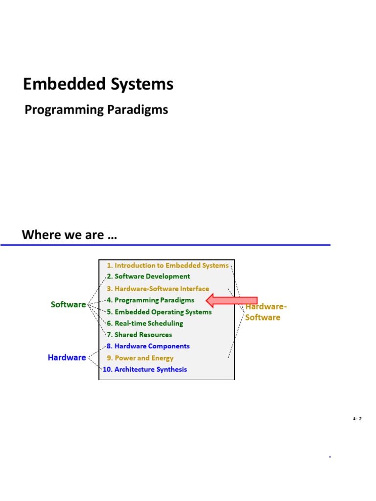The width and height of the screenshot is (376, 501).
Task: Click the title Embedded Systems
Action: point(98,85)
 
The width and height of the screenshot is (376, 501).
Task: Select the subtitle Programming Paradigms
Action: point(96,110)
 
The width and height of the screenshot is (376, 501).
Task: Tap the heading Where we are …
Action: point(70,235)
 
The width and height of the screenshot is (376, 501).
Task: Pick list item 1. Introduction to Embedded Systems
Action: point(167,265)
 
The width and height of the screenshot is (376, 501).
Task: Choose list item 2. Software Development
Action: point(148,276)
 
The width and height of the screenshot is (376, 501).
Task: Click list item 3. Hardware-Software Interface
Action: point(158,289)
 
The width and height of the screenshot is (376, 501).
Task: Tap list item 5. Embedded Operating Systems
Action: point(159,312)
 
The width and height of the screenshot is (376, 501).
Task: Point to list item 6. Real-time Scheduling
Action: point(145,323)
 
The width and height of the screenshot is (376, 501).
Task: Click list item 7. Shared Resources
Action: point(140,335)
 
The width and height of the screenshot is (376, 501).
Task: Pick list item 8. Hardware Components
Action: point(148,346)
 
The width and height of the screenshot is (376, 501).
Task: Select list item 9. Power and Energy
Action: point(140,358)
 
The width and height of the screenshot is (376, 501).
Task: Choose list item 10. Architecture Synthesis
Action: point(144,369)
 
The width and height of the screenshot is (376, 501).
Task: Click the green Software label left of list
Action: point(68,304)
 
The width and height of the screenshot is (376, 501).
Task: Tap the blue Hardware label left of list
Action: point(67,358)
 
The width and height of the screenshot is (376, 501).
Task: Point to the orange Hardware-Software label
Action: point(264,312)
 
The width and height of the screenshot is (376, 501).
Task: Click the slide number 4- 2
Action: point(356,419)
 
